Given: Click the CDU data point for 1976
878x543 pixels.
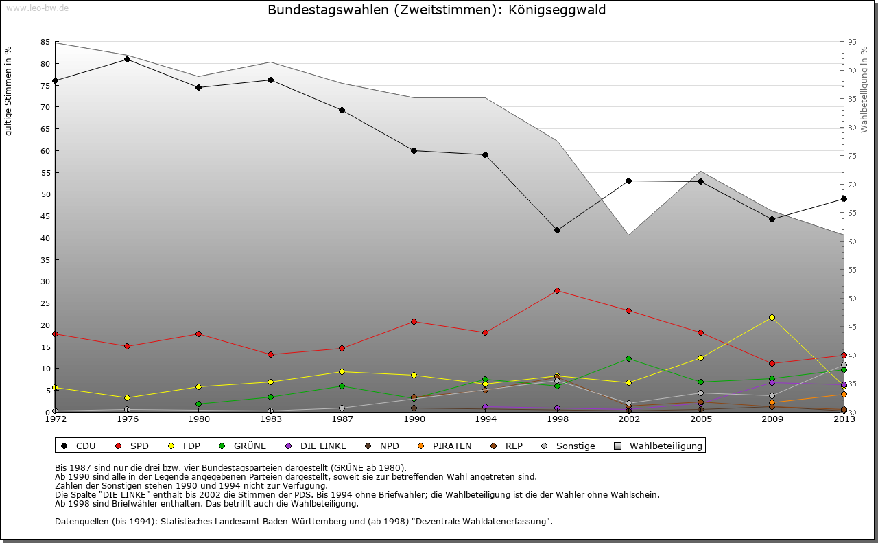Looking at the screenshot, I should point(127,59).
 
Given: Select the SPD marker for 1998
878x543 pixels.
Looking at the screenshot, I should point(557,290).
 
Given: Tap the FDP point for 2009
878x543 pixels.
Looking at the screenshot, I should point(772,317).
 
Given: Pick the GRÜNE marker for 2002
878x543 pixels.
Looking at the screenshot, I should point(628,358).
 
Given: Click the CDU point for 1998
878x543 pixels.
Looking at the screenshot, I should point(557,230).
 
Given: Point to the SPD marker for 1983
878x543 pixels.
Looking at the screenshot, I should point(270,354).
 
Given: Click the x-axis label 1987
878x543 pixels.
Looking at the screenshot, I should point(342,419).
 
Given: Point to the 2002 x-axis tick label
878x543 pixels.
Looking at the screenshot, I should point(628,419).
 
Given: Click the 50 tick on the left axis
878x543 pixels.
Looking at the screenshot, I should point(45,194).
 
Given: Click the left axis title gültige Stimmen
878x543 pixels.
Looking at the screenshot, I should point(9,91).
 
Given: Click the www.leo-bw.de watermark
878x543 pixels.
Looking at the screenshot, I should point(36,8).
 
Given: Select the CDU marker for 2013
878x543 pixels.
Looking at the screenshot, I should point(844,199).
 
